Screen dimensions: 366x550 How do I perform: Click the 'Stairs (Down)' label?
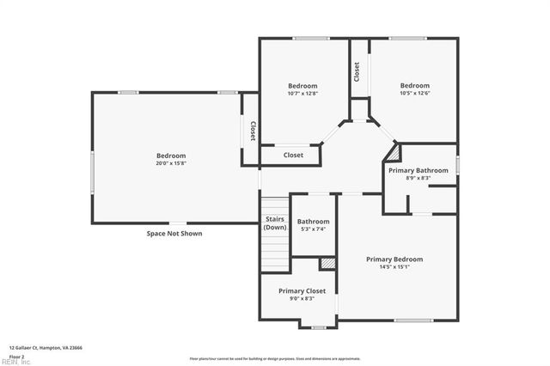275,223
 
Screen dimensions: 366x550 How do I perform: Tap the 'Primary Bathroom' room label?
419,170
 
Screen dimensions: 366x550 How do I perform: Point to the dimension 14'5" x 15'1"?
394,266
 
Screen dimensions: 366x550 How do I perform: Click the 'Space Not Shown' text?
174,233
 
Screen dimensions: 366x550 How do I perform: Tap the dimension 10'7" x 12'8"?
302,93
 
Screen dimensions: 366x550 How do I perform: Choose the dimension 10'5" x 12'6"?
414,93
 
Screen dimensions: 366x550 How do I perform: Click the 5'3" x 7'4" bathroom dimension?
313,229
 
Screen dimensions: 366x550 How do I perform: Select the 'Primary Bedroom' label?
394,259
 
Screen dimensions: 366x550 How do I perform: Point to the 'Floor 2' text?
17,356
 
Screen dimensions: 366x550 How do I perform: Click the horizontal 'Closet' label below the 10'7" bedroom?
293,156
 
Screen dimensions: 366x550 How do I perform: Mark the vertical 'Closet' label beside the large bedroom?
252,131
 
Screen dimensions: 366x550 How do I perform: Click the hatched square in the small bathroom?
327,263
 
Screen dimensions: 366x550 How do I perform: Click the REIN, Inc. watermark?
15,361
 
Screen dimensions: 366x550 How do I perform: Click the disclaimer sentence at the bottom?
275,358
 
